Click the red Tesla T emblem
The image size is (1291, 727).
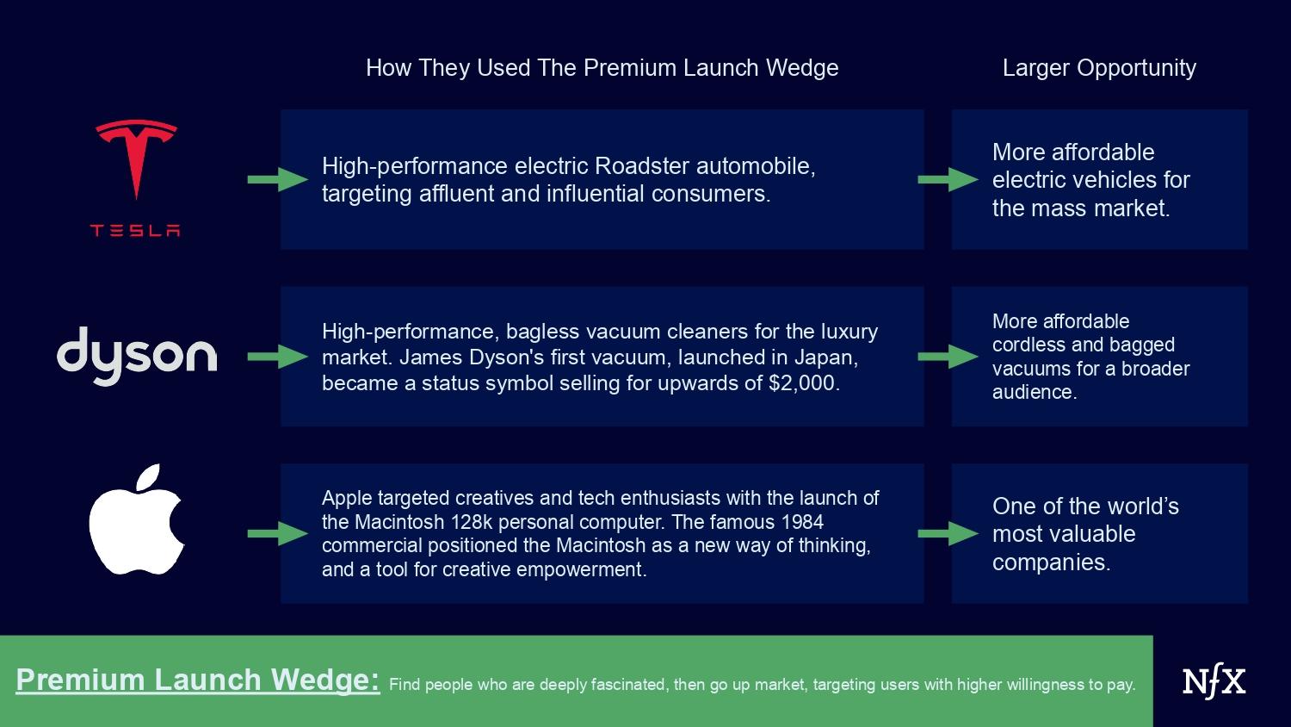pyautogui.click(x=136, y=153)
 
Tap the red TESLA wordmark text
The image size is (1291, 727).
pyautogui.click(x=135, y=231)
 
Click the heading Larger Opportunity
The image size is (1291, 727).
pyautogui.click(x=1099, y=68)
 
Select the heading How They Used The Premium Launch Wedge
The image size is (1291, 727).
pyautogui.click(x=602, y=68)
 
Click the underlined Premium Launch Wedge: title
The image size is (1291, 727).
pyautogui.click(x=198, y=680)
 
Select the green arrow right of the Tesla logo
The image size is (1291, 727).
pyautogui.click(x=278, y=179)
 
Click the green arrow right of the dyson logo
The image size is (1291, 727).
pyautogui.click(x=278, y=357)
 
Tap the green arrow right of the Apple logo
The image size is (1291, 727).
pyautogui.click(x=278, y=534)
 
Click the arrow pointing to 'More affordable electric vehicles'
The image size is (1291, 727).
pyautogui.click(x=948, y=179)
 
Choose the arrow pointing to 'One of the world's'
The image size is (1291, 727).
pyautogui.click(x=948, y=534)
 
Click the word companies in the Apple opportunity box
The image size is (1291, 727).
pyautogui.click(x=1051, y=562)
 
